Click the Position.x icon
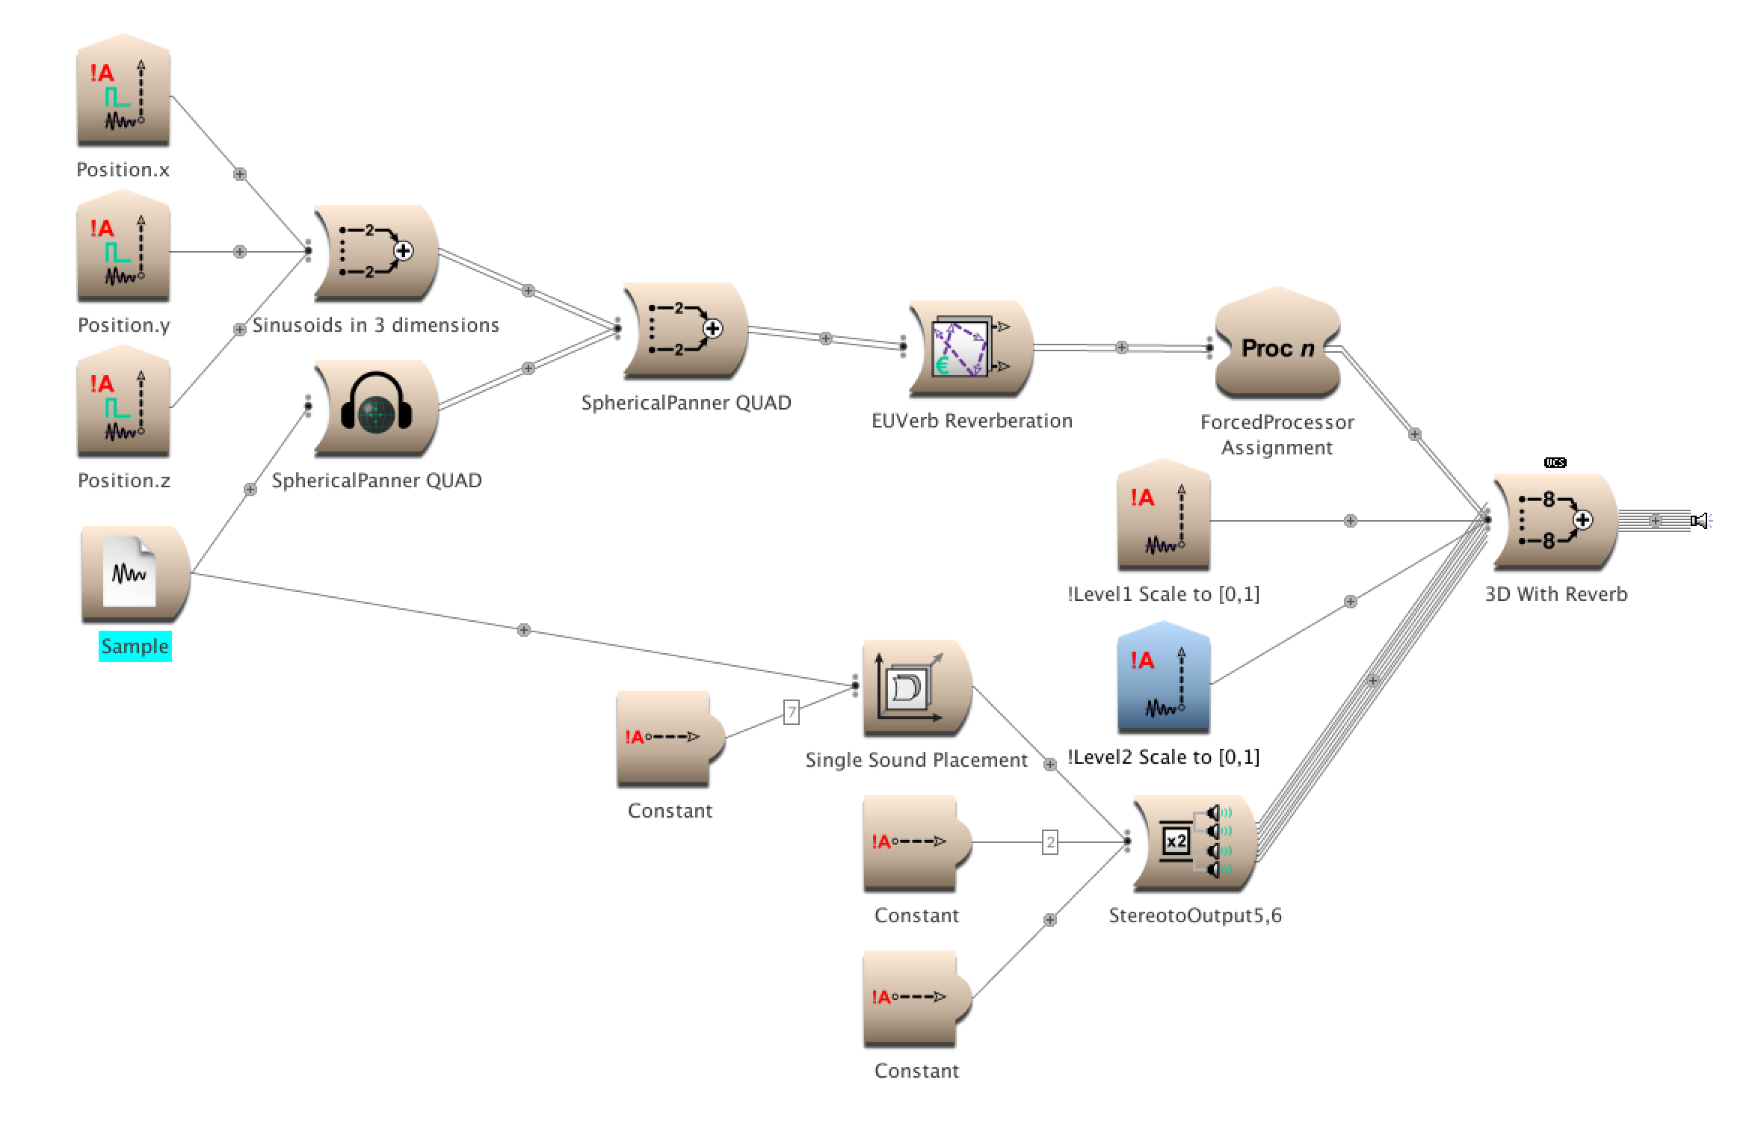[123, 93]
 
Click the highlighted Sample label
[135, 646]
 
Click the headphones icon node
[376, 407]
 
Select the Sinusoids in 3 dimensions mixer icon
[376, 252]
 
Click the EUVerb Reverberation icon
[971, 348]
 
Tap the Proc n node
[1277, 348]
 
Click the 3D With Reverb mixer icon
[1555, 521]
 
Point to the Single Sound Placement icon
[916, 688]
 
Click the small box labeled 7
[792, 712]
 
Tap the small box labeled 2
[1050, 843]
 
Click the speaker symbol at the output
[1700, 521]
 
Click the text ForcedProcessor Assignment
[1277, 435]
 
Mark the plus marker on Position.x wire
[239, 174]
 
